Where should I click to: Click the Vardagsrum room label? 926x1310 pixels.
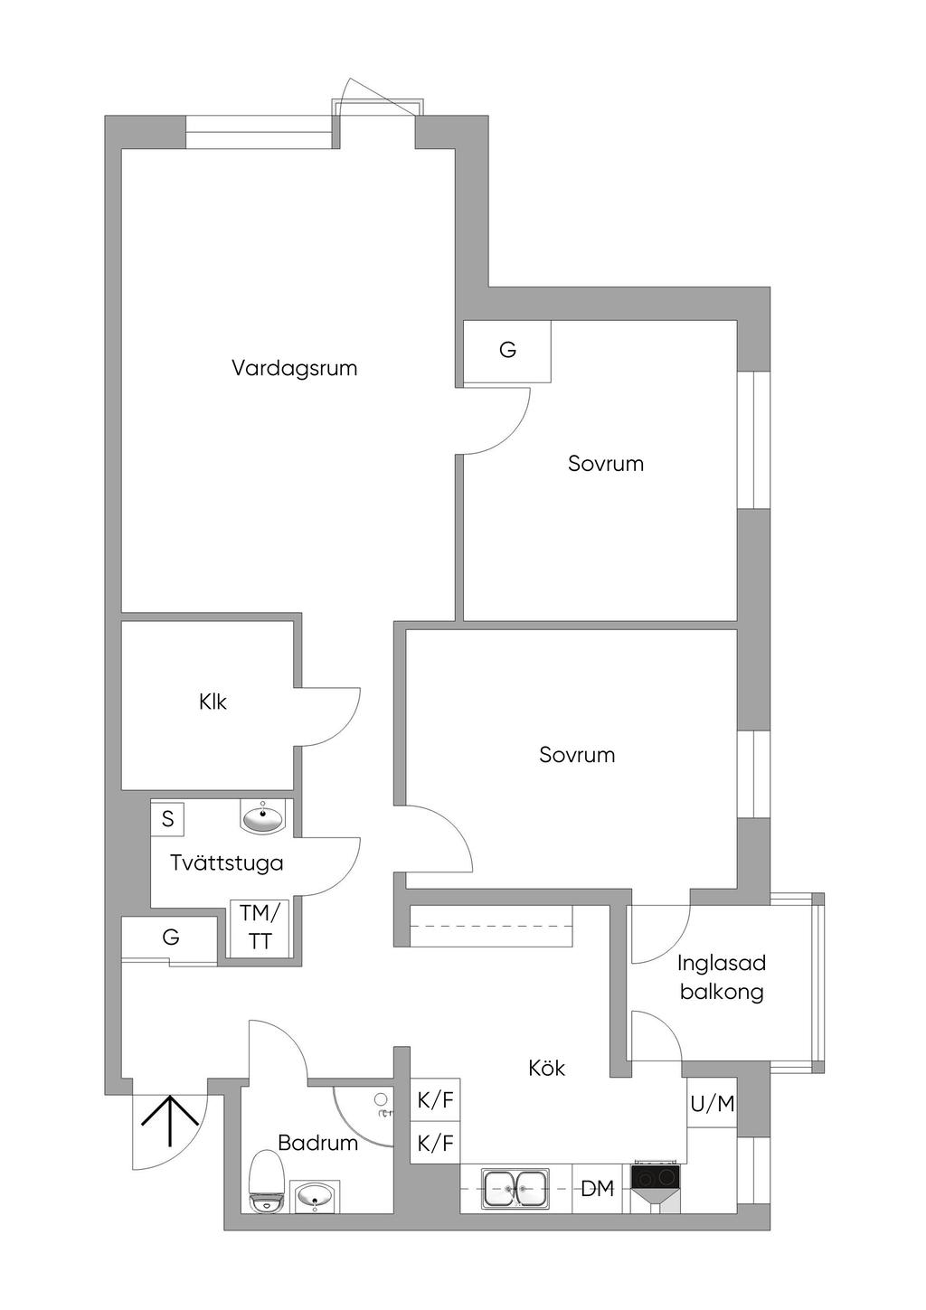pos(294,369)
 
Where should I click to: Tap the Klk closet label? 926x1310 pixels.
pos(213,702)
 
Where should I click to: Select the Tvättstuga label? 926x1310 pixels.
pos(226,862)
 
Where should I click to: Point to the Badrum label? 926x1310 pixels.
pos(317,1143)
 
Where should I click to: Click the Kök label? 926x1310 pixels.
pos(546,1068)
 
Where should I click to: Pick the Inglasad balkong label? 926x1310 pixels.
pos(722,977)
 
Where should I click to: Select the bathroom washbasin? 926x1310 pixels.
pos(315,1196)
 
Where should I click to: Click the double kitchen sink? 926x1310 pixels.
pos(515,1188)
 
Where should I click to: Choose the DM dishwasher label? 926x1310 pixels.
pos(597,1189)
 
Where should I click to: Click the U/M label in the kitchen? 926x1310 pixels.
pos(713,1104)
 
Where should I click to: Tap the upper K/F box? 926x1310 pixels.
pos(435,1101)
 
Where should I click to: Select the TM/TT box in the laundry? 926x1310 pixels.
pos(260,927)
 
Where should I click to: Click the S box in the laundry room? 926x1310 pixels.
pos(167,819)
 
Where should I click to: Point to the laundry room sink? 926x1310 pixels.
pos(263,816)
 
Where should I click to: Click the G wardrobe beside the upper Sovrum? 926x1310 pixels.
pos(507,350)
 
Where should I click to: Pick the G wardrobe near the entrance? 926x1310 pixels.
pos(170,938)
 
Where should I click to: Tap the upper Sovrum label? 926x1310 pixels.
pos(606,464)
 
